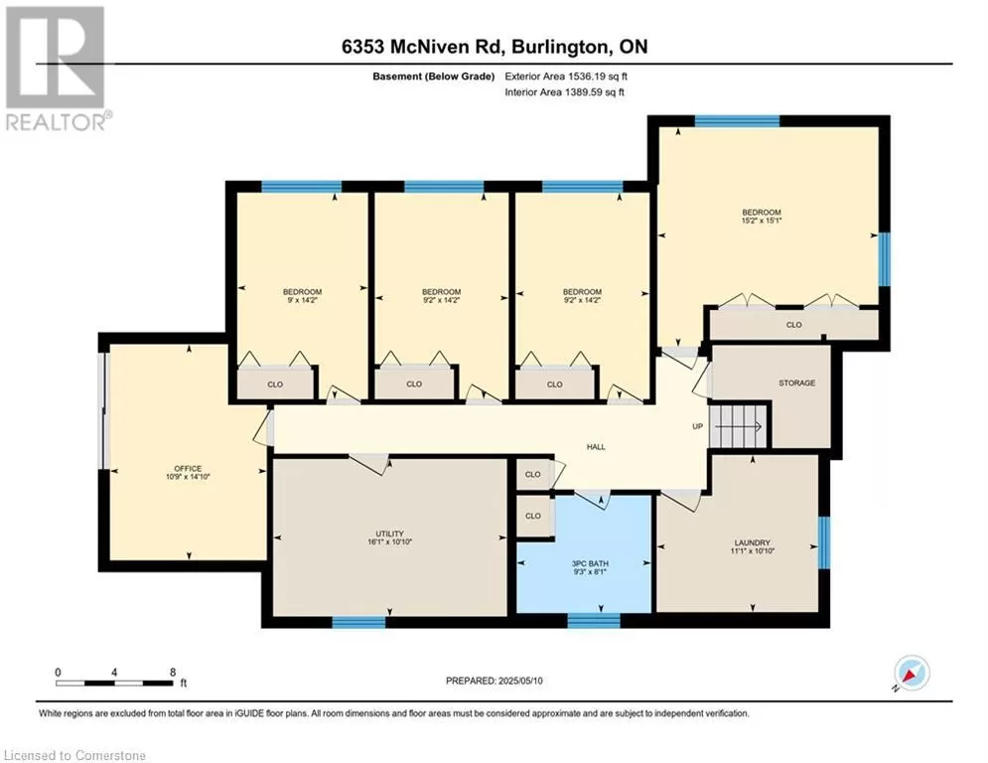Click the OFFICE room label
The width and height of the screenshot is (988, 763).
coord(188,469)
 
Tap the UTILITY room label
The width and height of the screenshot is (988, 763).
coord(389,534)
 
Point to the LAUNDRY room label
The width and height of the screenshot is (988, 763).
coord(753,542)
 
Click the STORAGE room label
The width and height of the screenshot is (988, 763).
coord(797,382)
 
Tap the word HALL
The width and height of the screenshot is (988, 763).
coord(596,447)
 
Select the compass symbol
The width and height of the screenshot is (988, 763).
coord(912,674)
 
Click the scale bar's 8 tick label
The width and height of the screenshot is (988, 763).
coord(173,673)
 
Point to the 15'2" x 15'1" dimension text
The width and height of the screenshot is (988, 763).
coord(762,221)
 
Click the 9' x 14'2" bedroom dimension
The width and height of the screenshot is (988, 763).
coord(303,300)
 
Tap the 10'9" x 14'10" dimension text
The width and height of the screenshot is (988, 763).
coord(187,477)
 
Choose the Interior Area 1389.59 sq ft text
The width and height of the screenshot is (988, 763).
coord(565,92)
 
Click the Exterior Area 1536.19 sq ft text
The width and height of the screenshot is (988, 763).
coord(566,76)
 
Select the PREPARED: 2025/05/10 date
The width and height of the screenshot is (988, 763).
coord(494,681)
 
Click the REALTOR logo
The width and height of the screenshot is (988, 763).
coord(58,69)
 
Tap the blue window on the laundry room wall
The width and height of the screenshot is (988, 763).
coord(823,542)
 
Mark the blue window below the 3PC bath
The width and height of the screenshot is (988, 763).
coord(594,621)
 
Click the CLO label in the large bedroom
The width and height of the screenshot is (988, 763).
coord(794,325)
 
